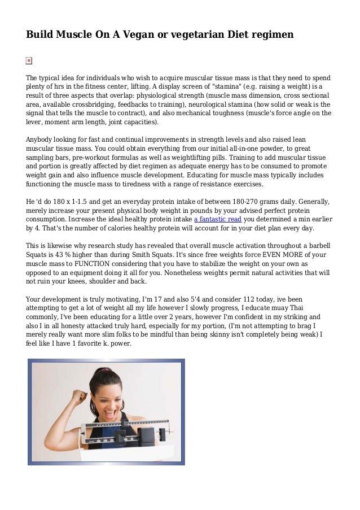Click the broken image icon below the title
click(x=29, y=60)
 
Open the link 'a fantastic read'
click(x=217, y=220)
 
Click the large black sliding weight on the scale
click(x=145, y=434)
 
